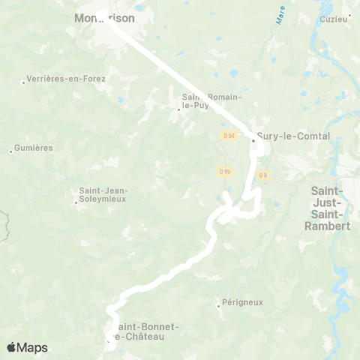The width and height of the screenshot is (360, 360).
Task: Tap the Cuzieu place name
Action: click(x=335, y=18)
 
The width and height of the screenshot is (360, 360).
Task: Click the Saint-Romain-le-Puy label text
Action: click(x=200, y=101)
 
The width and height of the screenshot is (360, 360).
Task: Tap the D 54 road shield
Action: click(x=229, y=135)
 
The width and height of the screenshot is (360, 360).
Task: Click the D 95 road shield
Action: click(x=224, y=172)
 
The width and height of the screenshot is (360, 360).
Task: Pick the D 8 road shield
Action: click(x=262, y=175)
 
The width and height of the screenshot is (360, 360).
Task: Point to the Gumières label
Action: click(x=34, y=148)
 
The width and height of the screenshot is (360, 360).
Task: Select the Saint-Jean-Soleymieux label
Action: click(x=103, y=195)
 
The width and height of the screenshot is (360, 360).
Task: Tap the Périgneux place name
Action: click(x=243, y=302)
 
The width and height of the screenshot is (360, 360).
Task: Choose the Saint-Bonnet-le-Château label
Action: click(x=146, y=331)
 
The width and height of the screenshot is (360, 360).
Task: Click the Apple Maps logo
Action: click(x=27, y=347)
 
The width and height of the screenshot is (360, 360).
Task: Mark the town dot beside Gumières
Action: click(x=10, y=151)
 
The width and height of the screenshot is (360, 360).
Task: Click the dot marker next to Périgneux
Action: click(x=218, y=305)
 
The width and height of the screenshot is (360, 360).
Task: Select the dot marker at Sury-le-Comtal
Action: click(x=253, y=139)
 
